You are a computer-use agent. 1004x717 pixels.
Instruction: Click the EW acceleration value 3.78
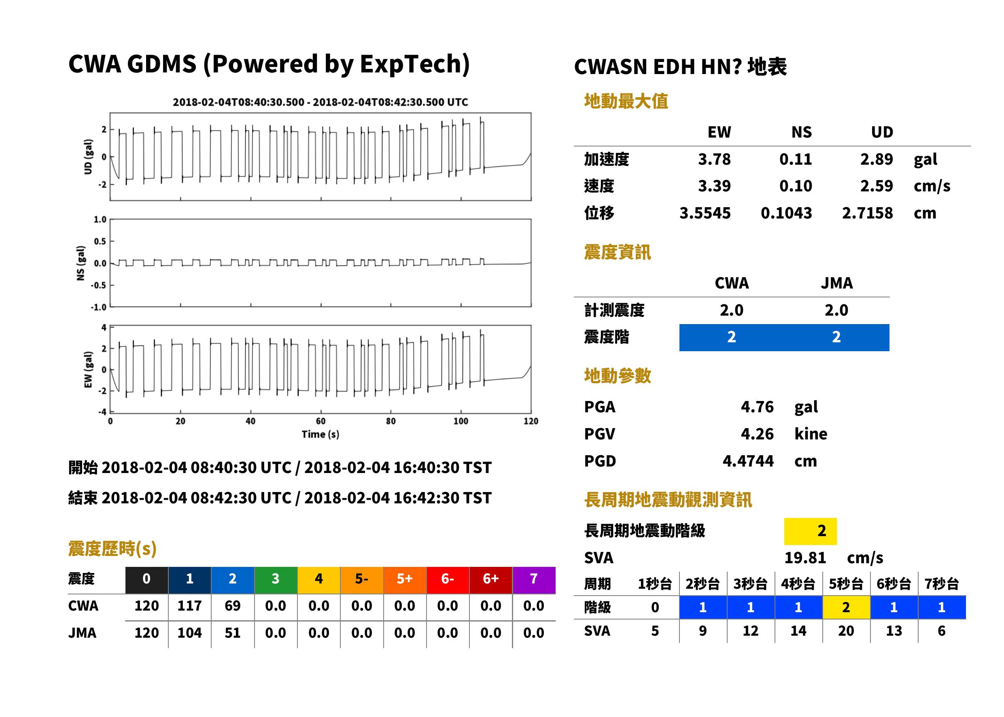point(714,159)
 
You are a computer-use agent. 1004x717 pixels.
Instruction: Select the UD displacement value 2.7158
point(867,213)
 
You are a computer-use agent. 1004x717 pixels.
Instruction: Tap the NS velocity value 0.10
point(795,186)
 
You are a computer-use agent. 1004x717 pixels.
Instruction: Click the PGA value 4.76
point(757,407)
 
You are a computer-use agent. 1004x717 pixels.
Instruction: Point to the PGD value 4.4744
point(748,461)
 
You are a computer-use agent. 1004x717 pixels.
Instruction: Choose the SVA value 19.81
point(805,558)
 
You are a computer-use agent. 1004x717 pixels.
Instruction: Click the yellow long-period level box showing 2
point(810,531)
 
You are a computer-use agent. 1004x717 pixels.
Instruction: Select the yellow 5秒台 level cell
point(846,607)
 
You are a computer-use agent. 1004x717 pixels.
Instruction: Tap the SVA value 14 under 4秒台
point(798,631)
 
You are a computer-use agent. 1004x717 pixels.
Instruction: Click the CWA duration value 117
point(189,606)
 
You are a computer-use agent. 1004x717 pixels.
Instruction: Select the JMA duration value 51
point(232,633)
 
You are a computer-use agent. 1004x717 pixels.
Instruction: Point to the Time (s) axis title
point(321,435)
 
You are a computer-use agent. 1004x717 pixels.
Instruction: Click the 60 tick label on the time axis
point(321,421)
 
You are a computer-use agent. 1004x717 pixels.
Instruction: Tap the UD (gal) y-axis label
point(88,157)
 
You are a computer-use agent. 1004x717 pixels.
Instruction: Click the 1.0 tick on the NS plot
point(100,219)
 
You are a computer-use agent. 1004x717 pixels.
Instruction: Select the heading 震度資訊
point(617,252)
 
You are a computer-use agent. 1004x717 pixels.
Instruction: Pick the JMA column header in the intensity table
point(837,283)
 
